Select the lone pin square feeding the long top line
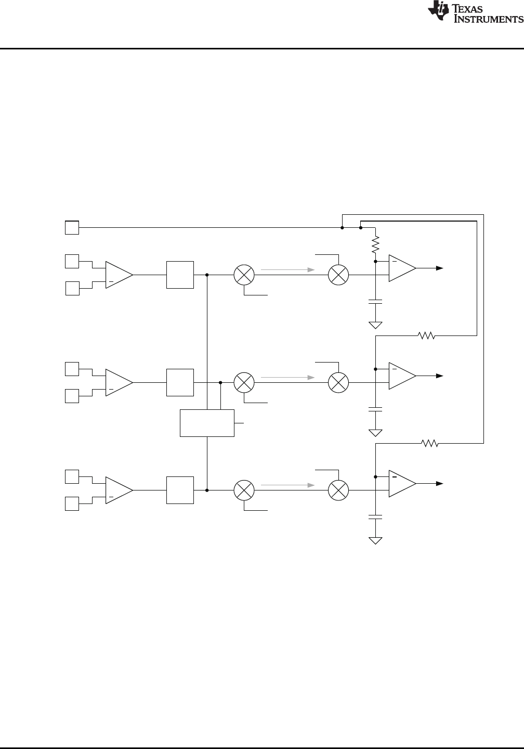(72, 228)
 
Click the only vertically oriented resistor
(375, 244)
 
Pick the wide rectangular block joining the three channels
(207, 423)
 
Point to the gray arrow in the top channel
(287, 270)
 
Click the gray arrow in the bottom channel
(287, 485)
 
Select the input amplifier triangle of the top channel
(119, 275)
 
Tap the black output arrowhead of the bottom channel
(439, 484)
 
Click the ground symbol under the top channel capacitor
(375, 326)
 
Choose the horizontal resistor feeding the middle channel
(427, 336)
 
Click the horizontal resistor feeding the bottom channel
(430, 444)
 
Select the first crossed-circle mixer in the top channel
(244, 275)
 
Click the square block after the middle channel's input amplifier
(180, 382)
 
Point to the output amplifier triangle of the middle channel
(402, 376)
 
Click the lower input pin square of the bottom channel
(72, 504)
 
